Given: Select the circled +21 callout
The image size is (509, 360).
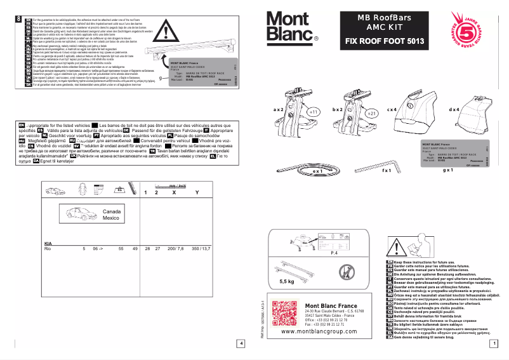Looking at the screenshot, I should (371, 112).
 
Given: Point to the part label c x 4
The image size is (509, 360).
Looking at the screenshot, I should (392, 110).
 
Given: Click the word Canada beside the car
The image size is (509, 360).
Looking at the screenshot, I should (112, 211).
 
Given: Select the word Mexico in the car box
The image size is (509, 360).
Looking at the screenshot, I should (111, 218).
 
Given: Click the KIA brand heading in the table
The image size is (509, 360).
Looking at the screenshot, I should (48, 244).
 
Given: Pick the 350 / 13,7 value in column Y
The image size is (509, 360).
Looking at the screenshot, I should (200, 250).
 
